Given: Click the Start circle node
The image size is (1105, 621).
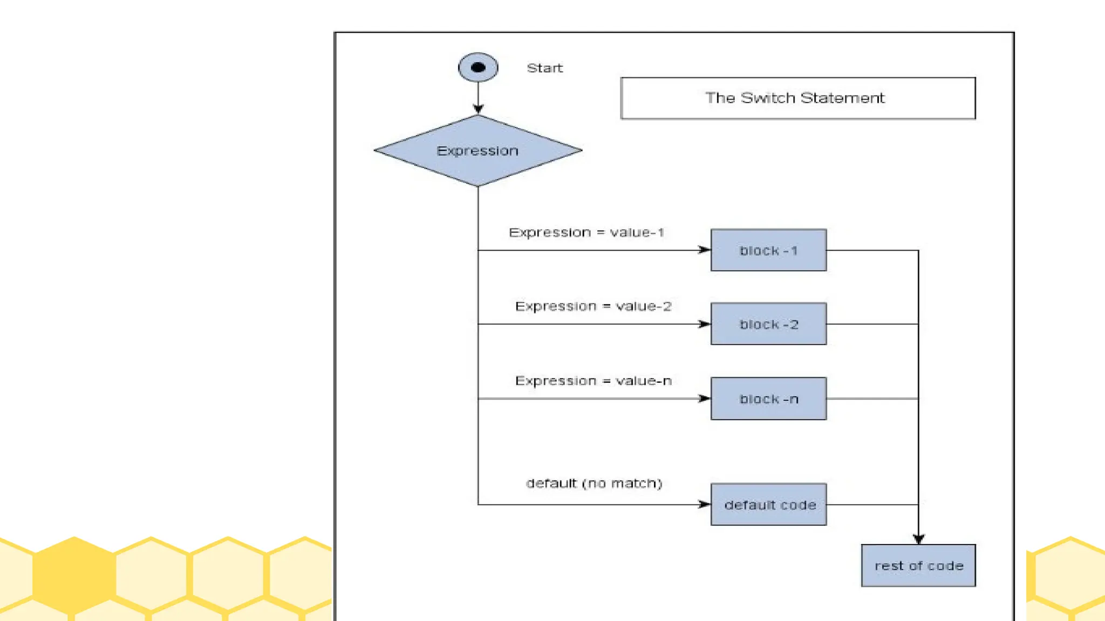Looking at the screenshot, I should click(x=478, y=67).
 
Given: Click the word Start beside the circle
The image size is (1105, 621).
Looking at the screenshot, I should click(x=544, y=68).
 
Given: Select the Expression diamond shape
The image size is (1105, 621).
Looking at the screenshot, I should click(x=478, y=151).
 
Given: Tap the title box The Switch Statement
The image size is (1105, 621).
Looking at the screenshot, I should click(x=797, y=98).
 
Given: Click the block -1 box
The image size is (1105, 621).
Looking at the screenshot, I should click(x=768, y=250).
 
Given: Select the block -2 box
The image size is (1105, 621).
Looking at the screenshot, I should click(x=768, y=324).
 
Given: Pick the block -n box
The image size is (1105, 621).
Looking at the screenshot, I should click(x=768, y=399).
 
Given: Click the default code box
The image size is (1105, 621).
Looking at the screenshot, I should click(x=768, y=505).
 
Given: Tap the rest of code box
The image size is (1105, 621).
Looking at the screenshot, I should click(x=918, y=565).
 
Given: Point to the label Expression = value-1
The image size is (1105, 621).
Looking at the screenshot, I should click(x=586, y=232).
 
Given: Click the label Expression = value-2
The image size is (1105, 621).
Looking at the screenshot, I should click(x=593, y=306).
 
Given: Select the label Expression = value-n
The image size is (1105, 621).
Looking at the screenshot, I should click(x=593, y=381).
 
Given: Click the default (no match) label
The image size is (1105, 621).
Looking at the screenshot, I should click(x=594, y=483).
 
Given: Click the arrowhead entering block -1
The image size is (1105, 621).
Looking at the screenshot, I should click(x=705, y=250).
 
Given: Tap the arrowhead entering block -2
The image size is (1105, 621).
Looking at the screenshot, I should click(x=705, y=324).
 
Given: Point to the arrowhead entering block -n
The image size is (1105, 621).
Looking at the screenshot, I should click(x=705, y=398).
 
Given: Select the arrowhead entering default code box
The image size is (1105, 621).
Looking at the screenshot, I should click(x=705, y=504).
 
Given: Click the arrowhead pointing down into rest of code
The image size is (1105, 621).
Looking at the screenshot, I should click(x=918, y=539).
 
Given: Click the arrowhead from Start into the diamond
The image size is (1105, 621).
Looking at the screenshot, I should click(x=478, y=109).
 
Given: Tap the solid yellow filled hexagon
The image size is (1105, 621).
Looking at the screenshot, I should click(x=74, y=575).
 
